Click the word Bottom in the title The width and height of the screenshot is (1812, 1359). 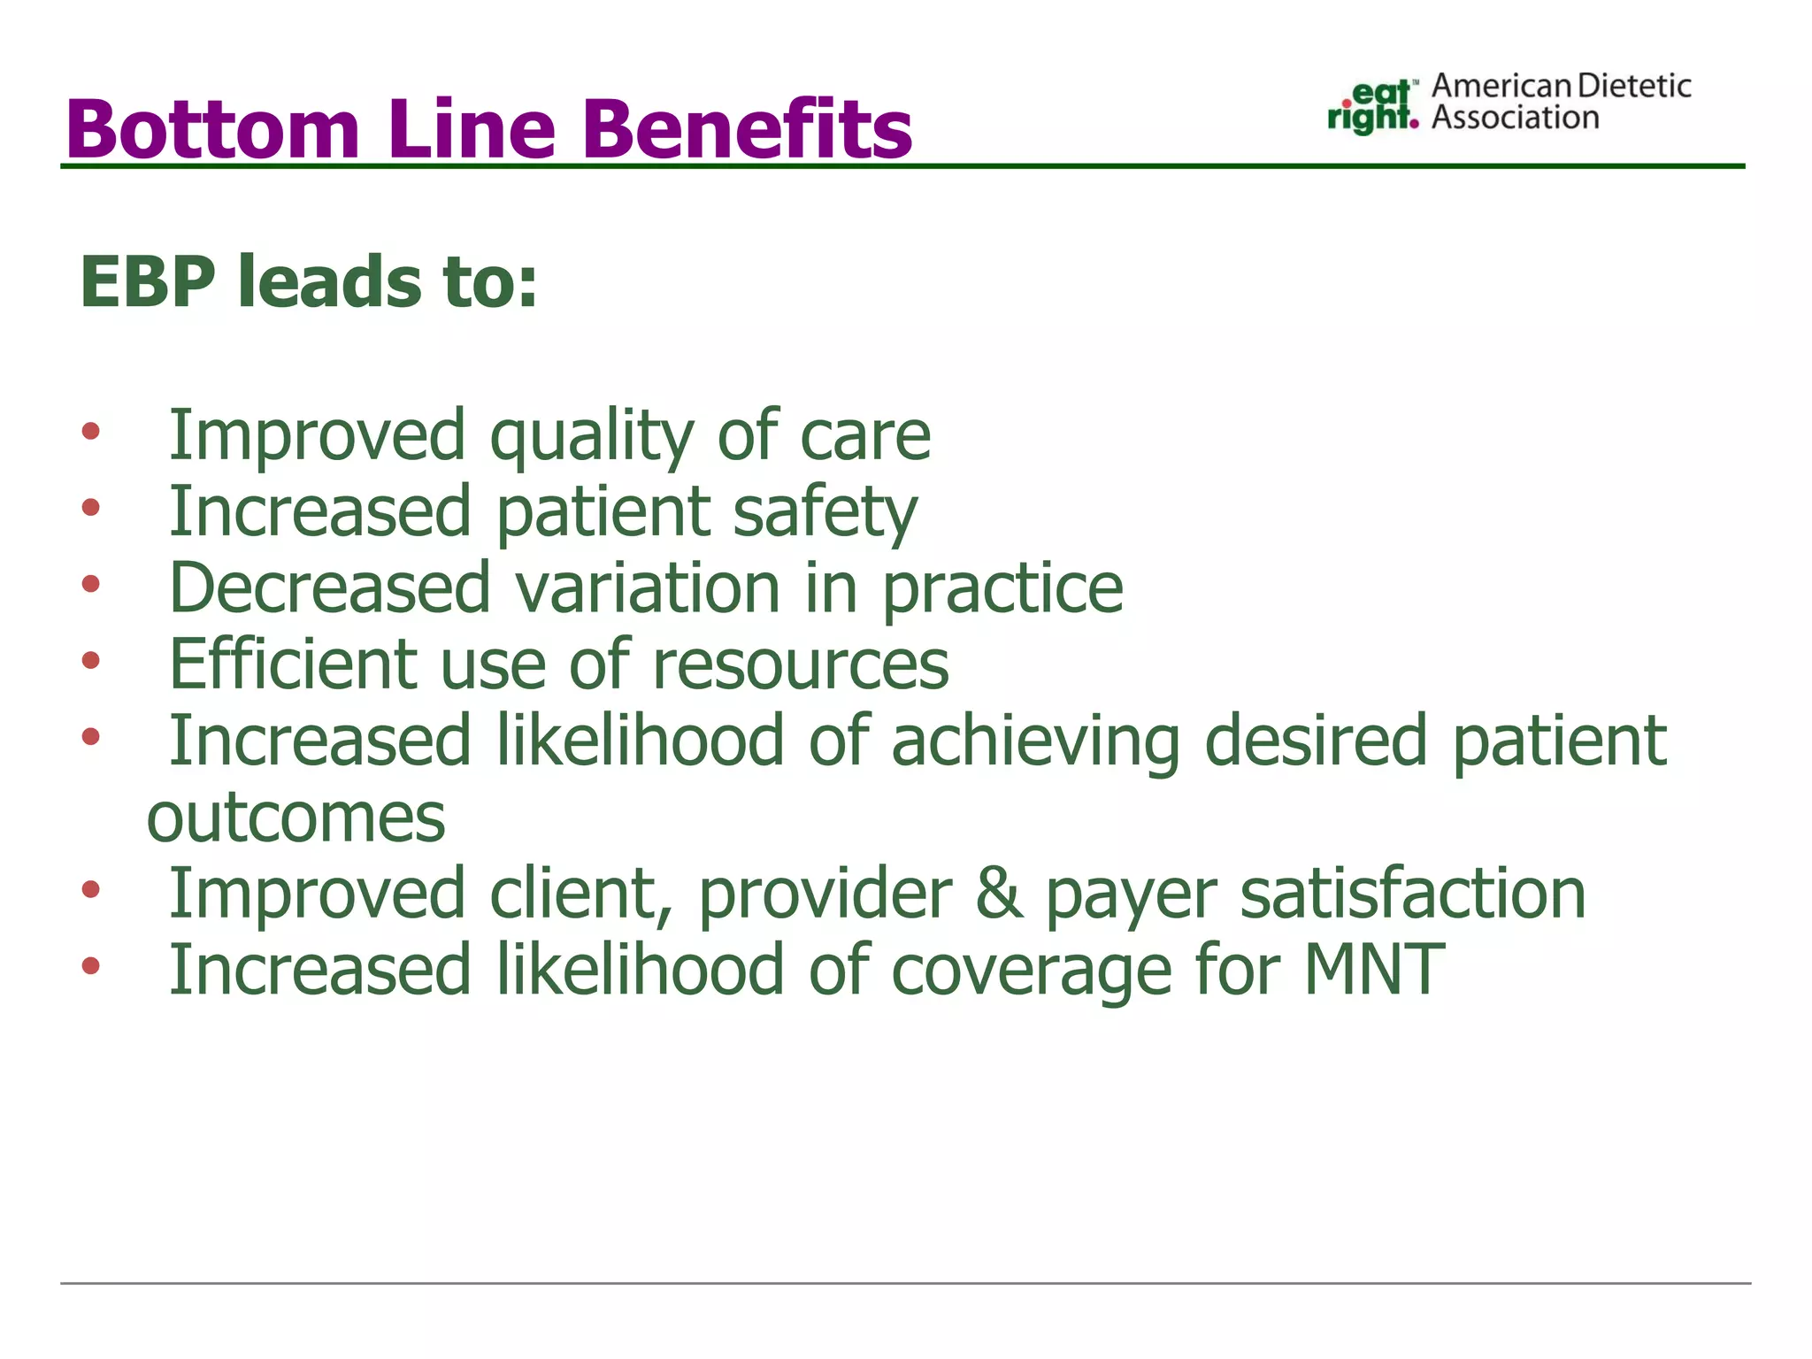click(212, 130)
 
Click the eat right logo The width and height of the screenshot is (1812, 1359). click(1372, 107)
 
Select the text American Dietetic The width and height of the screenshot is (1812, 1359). click(1561, 86)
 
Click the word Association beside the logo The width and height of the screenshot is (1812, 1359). click(1515, 118)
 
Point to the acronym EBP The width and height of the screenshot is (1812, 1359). click(147, 282)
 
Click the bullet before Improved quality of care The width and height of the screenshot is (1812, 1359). click(90, 433)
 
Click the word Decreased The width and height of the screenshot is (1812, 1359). click(329, 588)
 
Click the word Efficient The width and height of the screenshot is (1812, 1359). click(293, 664)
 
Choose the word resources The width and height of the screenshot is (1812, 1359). click(800, 666)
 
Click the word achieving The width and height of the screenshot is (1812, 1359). click(1035, 741)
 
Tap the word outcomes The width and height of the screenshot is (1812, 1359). click(296, 818)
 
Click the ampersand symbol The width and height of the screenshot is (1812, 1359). click(999, 894)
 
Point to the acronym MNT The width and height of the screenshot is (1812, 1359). click(1374, 971)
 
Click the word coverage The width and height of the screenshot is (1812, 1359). click(1031, 972)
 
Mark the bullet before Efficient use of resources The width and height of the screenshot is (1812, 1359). click(90, 661)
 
